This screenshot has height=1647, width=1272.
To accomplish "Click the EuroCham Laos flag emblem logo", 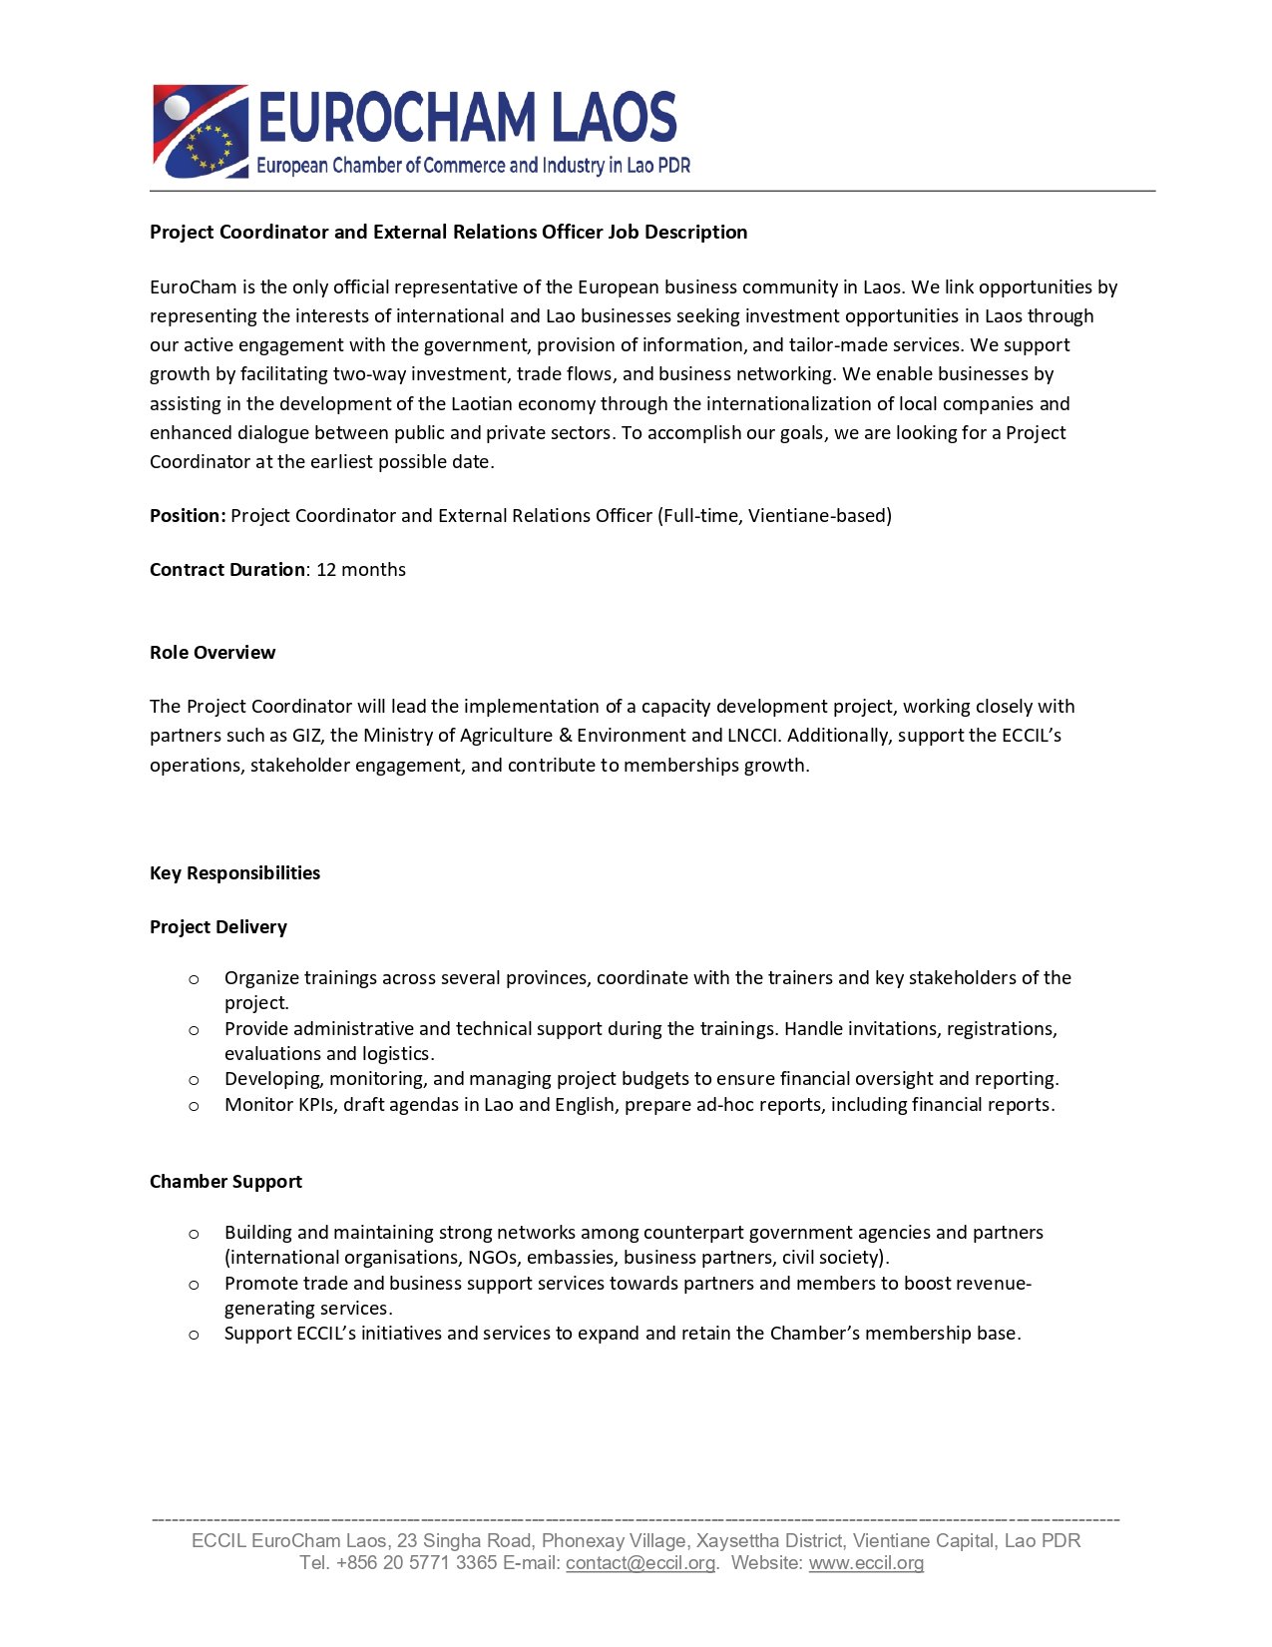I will point(200,131).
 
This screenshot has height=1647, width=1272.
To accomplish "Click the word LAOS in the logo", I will point(615,117).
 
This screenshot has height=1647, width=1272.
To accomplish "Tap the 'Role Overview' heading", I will point(212,653).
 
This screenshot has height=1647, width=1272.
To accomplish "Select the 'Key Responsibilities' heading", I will point(234,873).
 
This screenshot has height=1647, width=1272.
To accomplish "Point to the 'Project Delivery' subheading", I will point(218,927).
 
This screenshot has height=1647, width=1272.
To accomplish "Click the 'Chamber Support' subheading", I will point(225,1182).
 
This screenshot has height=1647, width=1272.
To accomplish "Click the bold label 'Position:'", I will point(188,516).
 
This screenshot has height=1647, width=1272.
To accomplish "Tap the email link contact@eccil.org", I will point(640,1563).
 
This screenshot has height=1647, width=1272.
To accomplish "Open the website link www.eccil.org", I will point(866,1563).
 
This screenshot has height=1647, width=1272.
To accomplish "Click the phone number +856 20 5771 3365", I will point(417,1563).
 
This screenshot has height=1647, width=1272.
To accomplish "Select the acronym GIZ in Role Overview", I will point(306,736).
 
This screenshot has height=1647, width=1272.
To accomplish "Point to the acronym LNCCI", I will point(752,736).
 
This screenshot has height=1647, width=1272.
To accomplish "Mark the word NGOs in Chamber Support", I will point(492,1258).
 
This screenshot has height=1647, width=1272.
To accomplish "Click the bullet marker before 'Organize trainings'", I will point(194,979).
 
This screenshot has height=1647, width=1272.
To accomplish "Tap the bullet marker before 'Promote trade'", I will point(194,1285).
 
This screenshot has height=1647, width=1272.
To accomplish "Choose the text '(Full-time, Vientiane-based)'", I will point(774,516).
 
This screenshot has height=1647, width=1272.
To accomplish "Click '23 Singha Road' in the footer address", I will point(464,1541).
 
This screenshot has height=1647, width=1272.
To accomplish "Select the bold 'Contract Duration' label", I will point(227,570).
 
